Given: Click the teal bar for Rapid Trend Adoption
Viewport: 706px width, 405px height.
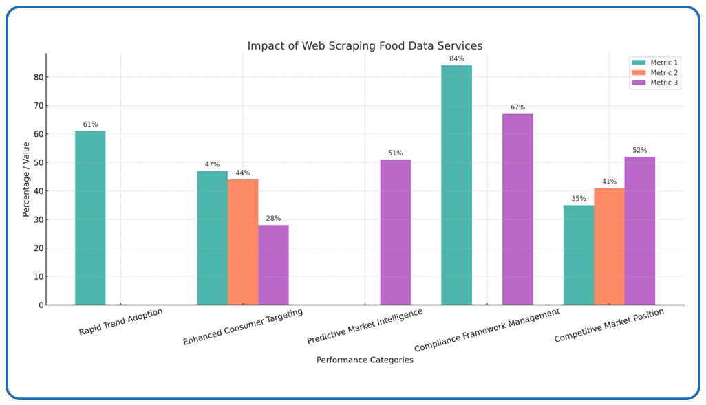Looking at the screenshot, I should click(x=90, y=217).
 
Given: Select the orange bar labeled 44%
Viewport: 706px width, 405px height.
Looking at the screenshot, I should click(x=243, y=241).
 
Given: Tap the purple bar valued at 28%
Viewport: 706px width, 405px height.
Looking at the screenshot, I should click(x=273, y=265).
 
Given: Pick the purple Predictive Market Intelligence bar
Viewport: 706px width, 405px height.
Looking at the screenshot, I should click(x=395, y=232).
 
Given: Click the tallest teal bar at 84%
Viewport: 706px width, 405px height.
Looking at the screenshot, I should click(x=456, y=185).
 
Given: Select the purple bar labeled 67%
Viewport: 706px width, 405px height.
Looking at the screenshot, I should click(x=517, y=209).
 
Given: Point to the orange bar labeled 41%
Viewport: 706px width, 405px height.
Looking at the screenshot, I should click(x=609, y=246).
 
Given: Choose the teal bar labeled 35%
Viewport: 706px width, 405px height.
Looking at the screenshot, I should click(x=578, y=254).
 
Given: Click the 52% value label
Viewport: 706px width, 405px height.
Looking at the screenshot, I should click(x=639, y=150).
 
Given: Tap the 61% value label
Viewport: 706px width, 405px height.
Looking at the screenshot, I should click(x=90, y=124).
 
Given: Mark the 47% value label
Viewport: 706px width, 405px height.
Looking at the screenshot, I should click(x=212, y=164).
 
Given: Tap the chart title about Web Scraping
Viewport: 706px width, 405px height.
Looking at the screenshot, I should click(x=365, y=46).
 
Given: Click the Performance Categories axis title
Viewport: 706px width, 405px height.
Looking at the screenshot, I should click(x=365, y=360).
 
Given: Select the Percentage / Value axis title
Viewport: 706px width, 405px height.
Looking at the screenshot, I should click(x=26, y=179).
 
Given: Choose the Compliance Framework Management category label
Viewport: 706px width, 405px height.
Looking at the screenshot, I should click(x=488, y=330).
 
